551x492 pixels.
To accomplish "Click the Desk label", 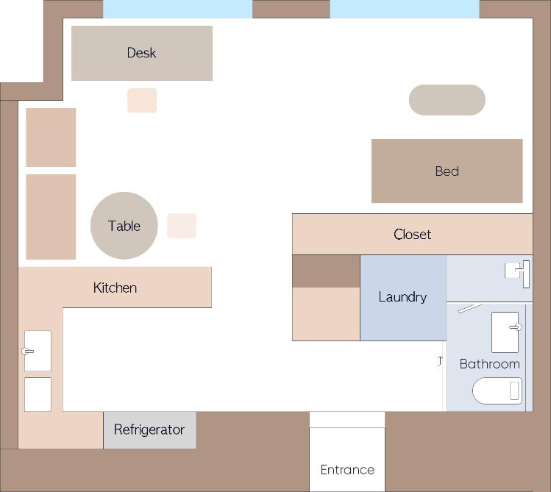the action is [142, 53].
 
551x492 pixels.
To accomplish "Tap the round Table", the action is [124, 226].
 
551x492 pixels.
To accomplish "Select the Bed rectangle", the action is [447, 171].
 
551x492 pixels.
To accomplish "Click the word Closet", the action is [412, 235].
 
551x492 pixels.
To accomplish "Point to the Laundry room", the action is [403, 298].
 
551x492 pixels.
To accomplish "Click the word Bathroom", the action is [489, 364].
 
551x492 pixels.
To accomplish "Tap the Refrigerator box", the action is [149, 429].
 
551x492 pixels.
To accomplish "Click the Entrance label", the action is [347, 469].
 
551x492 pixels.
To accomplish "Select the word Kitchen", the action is [115, 288].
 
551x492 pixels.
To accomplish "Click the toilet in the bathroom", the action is [497, 391].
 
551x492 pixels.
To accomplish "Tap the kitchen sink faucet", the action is [27, 352].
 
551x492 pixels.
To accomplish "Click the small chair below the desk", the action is [142, 101].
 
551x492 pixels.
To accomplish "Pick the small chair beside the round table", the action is [182, 226].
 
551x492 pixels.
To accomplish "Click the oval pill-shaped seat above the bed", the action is [447, 100].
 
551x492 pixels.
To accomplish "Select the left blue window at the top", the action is [178, 9].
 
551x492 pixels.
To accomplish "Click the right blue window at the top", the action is [405, 9].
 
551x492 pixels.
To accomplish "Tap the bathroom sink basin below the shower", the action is [505, 332].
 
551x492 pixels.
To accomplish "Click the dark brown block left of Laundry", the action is [326, 271].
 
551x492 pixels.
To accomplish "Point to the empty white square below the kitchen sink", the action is [38, 394].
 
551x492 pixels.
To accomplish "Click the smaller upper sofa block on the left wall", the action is [51, 138].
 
